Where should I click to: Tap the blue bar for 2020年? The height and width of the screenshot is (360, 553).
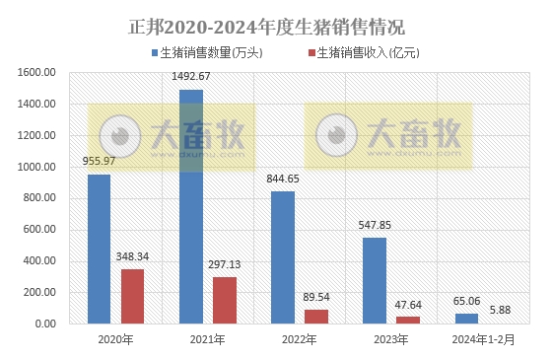click(99, 249)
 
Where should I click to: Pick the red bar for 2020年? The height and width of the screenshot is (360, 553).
click(132, 296)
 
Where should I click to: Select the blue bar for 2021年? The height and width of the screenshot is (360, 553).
click(190, 206)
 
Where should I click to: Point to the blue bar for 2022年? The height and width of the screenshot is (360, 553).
click(282, 257)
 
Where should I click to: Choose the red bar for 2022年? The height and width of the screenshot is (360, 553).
click(315, 317)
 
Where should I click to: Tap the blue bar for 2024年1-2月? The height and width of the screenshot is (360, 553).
click(466, 319)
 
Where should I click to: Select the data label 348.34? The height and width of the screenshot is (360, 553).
click(132, 256)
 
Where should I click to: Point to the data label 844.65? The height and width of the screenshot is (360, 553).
click(283, 179)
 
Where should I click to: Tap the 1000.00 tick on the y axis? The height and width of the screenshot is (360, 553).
click(36, 167)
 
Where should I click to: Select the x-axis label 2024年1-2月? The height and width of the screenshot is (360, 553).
click(482, 339)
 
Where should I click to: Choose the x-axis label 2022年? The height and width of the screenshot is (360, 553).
click(299, 339)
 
